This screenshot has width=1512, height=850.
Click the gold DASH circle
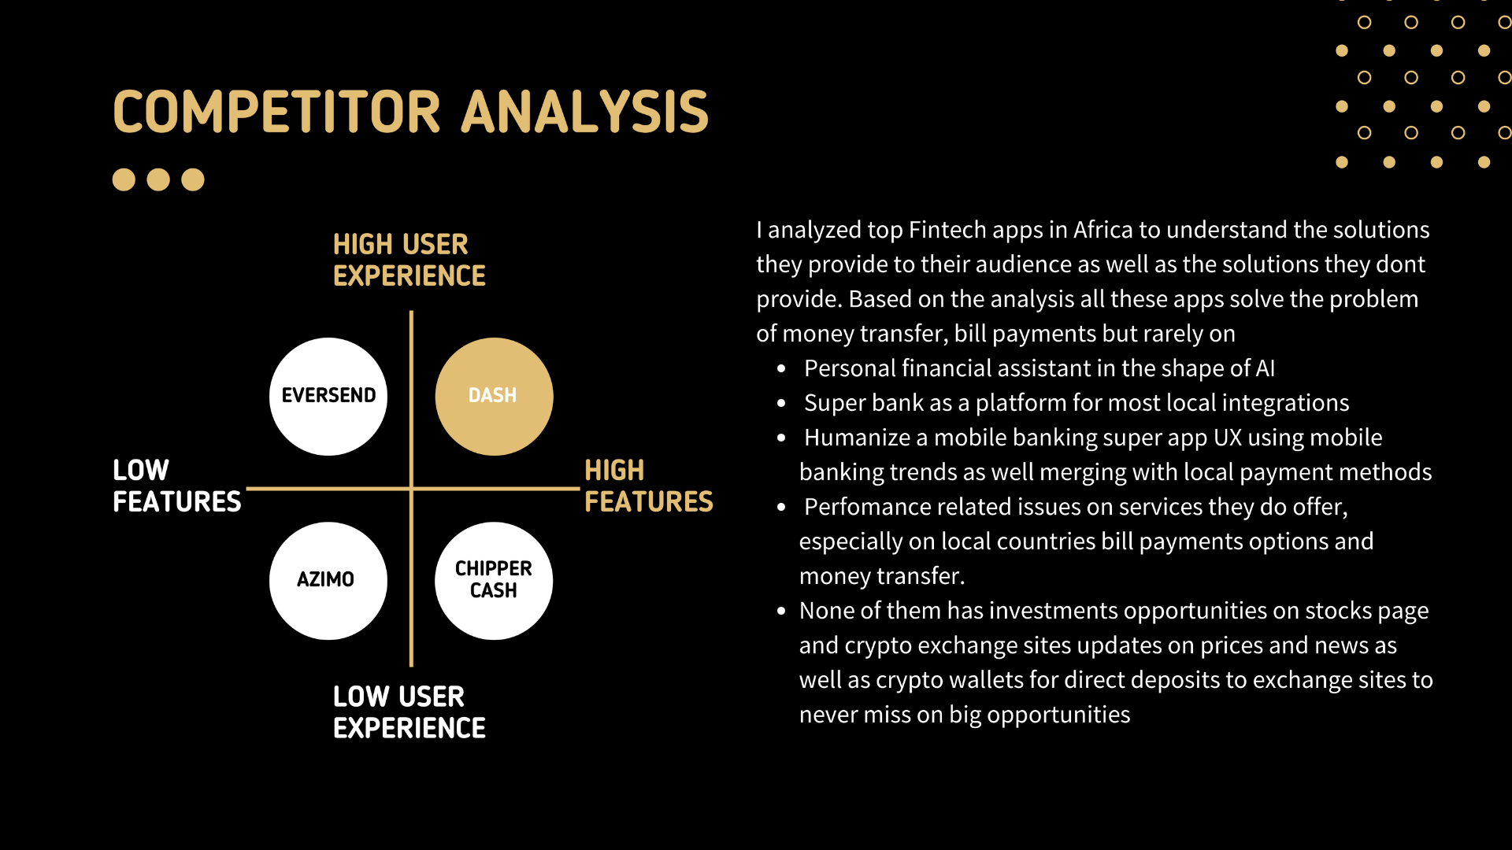(494, 396)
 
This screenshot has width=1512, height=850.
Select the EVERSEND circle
(328, 396)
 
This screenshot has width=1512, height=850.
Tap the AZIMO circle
(328, 581)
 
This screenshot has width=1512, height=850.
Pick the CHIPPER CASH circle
(494, 581)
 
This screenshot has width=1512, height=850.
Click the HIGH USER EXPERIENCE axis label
(409, 260)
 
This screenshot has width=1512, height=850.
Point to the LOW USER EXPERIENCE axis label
(409, 712)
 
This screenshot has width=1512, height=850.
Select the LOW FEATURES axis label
(176, 486)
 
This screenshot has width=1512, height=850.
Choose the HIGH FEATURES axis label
(648, 486)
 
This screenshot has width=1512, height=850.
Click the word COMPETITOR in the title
(276, 112)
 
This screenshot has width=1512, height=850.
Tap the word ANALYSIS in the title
(585, 112)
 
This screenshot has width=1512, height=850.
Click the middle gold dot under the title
(158, 179)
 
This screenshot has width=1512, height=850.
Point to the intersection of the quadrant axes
(411, 489)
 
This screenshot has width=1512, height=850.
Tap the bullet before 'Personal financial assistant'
(781, 368)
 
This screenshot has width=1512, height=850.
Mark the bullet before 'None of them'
(781, 611)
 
